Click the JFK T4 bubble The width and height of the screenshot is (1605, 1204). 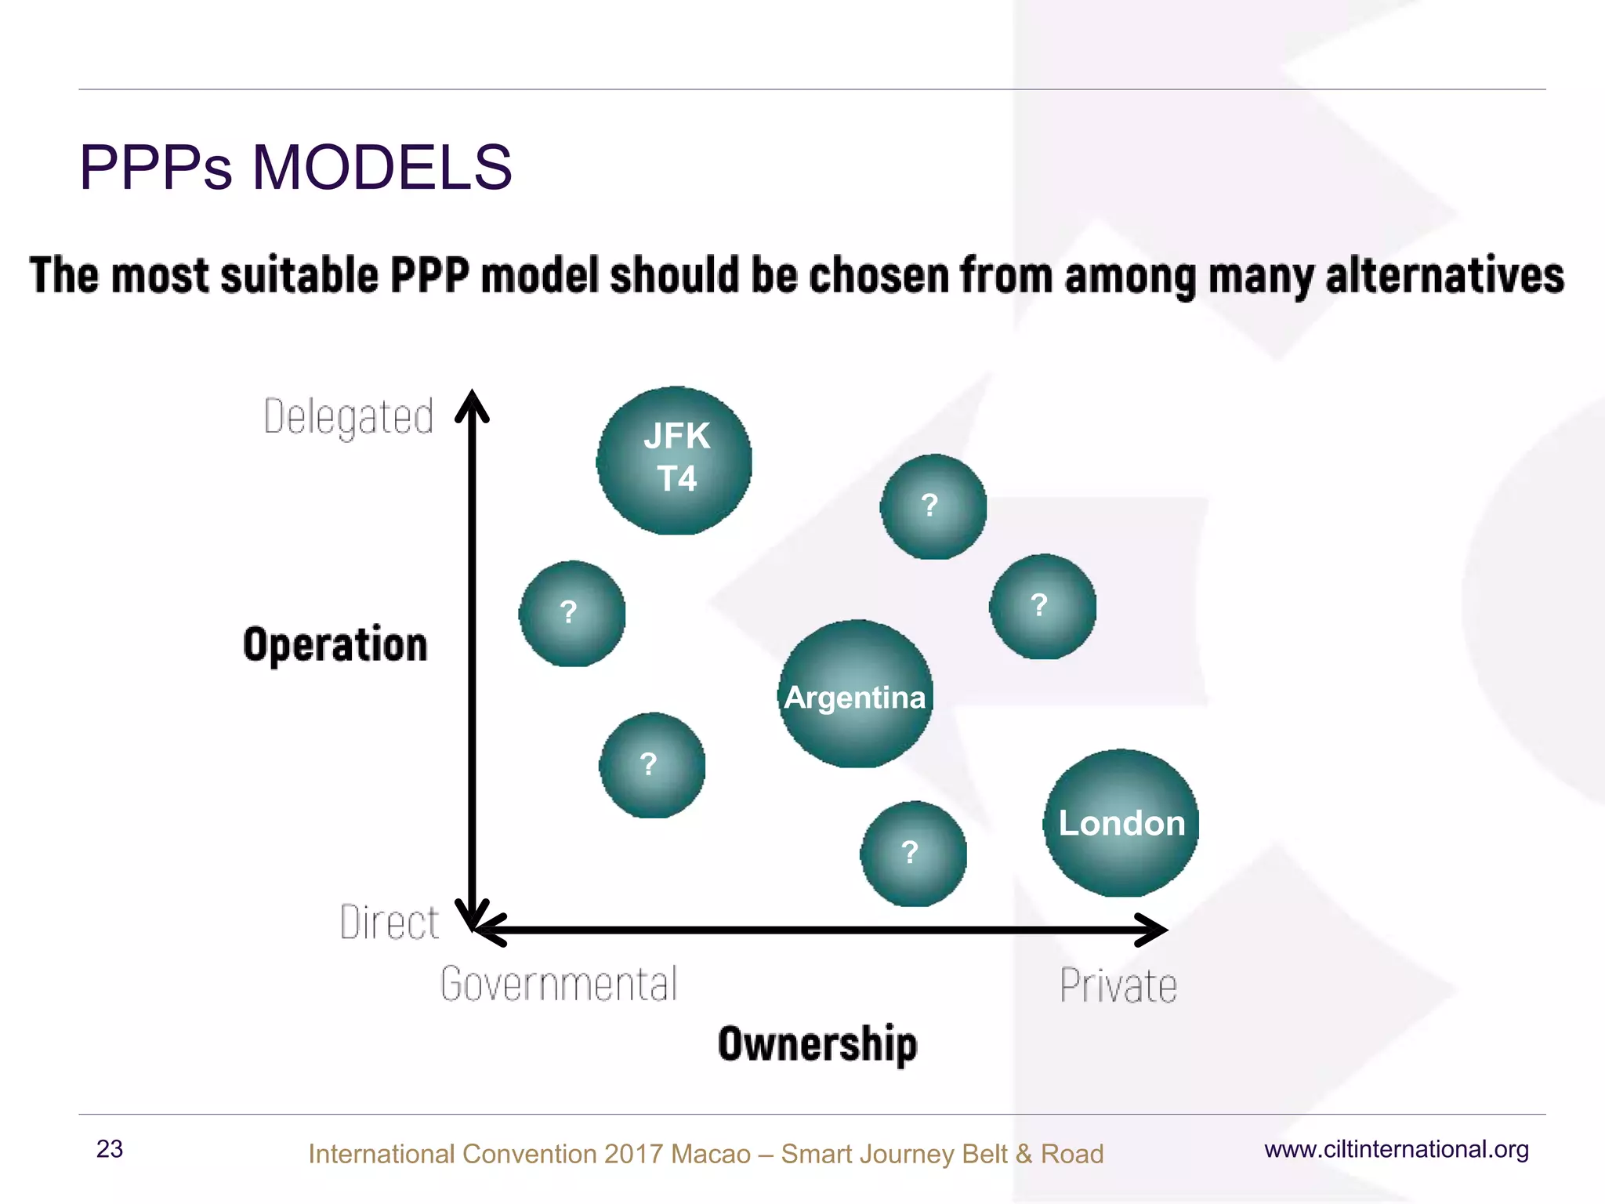tap(675, 460)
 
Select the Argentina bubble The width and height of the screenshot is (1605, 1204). tap(856, 694)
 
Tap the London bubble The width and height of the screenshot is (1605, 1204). tap(1121, 823)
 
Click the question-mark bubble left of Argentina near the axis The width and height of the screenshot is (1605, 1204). tap(572, 613)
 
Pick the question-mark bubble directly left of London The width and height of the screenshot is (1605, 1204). tap(913, 854)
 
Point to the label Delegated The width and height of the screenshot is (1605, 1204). tap(349, 416)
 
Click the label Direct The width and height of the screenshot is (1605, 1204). tap(389, 922)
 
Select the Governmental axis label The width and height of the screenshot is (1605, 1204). tap(559, 985)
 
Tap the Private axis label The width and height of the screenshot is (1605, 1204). tap(1118, 985)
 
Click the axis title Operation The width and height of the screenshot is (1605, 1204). tap(335, 644)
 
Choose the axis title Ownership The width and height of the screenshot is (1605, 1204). tap(817, 1044)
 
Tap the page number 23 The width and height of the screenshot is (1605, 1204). tap(110, 1149)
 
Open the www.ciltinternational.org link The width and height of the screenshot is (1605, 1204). tap(1397, 1149)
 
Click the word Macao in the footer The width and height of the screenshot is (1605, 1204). tap(710, 1154)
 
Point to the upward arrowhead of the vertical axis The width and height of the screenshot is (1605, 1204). tap(473, 404)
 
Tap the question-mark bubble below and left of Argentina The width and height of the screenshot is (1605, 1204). tap(652, 765)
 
